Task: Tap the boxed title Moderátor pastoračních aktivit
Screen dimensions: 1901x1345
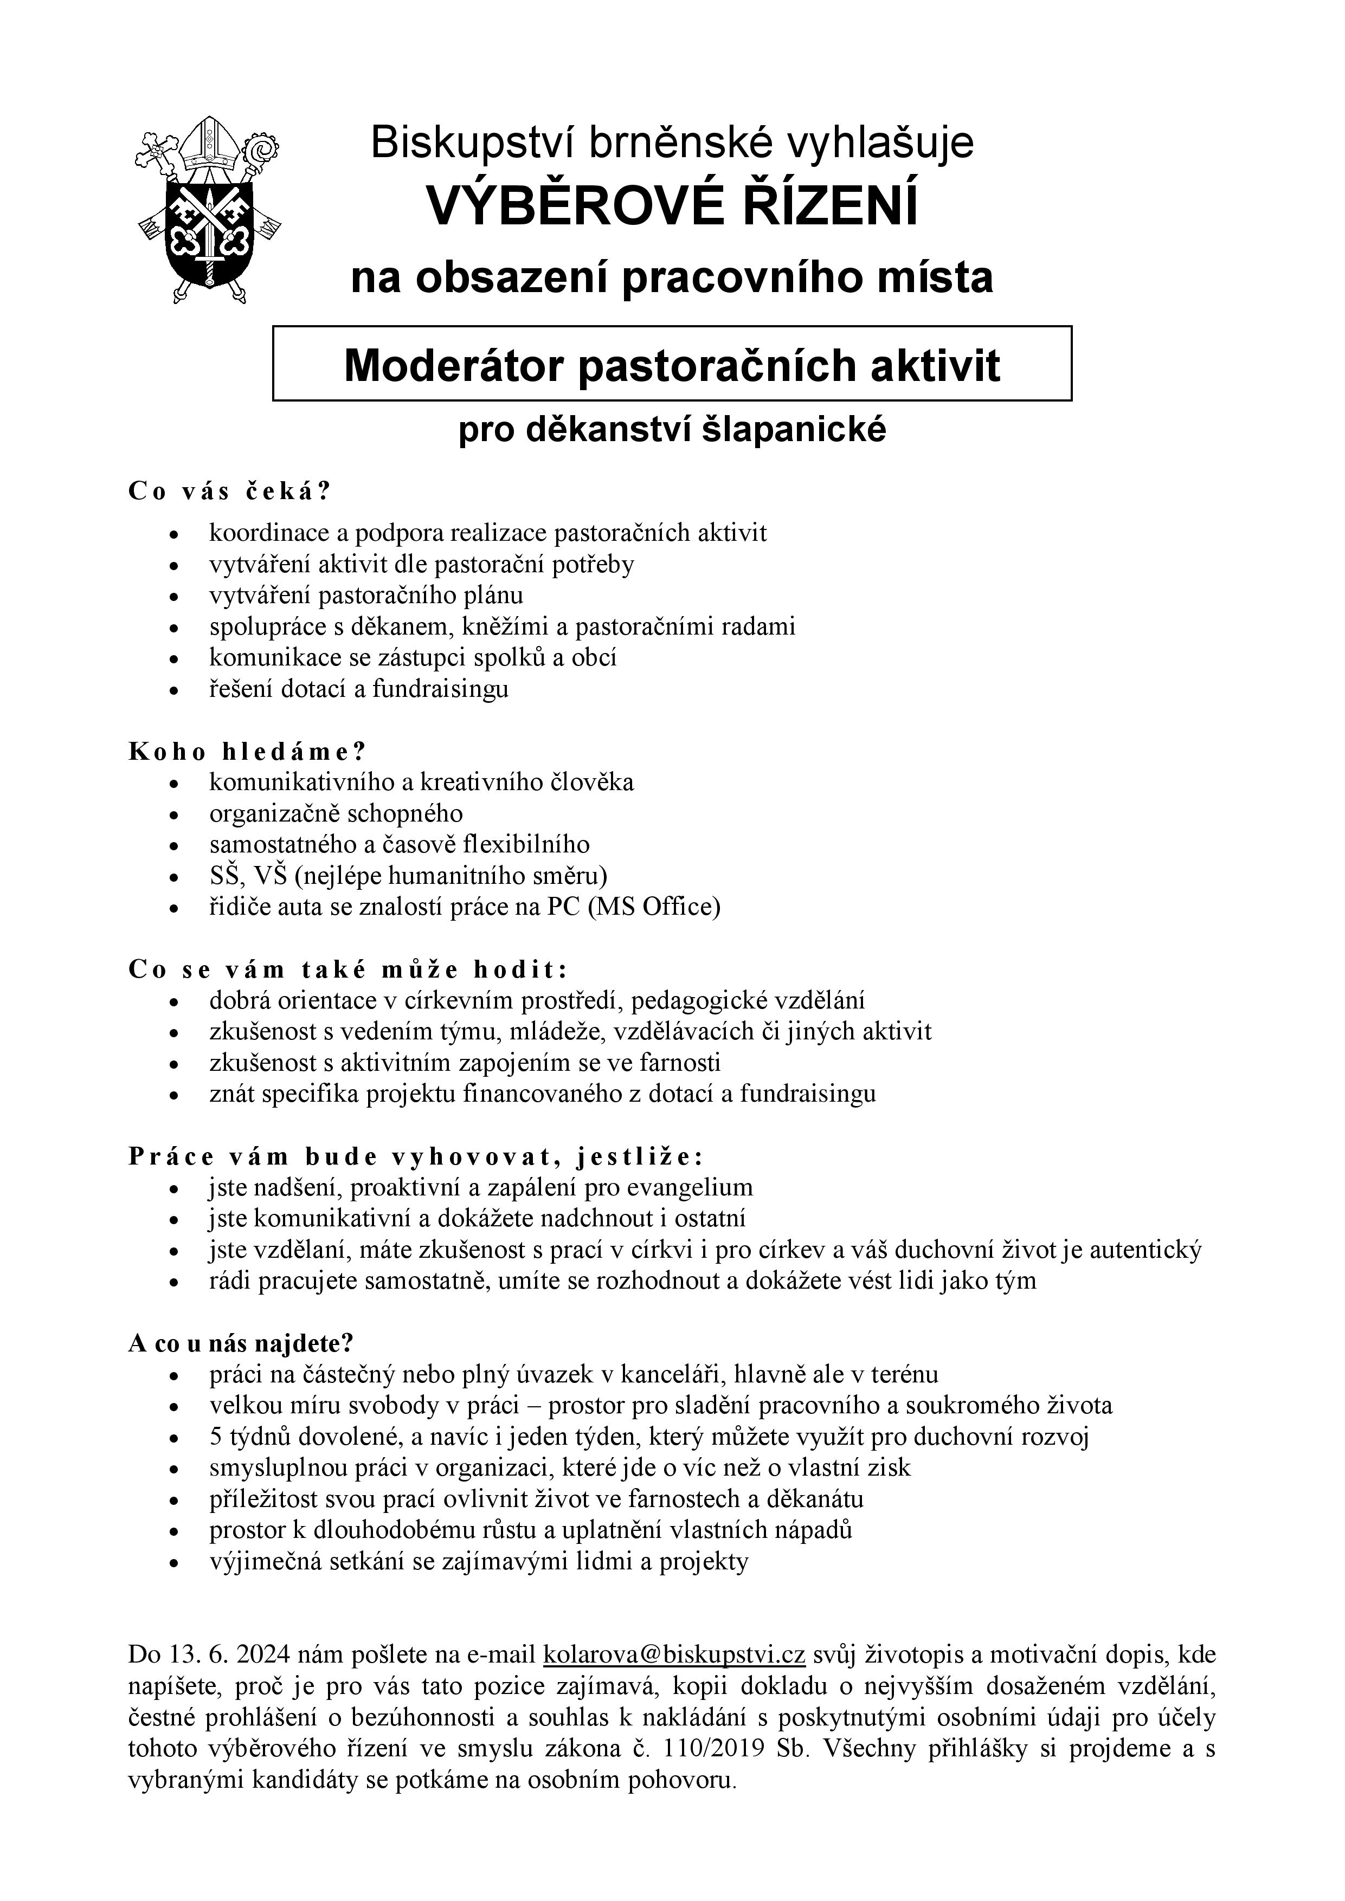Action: coord(672,364)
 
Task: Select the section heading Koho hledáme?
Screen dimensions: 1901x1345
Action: coord(247,751)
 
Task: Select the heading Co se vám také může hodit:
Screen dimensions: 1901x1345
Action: coord(349,969)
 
